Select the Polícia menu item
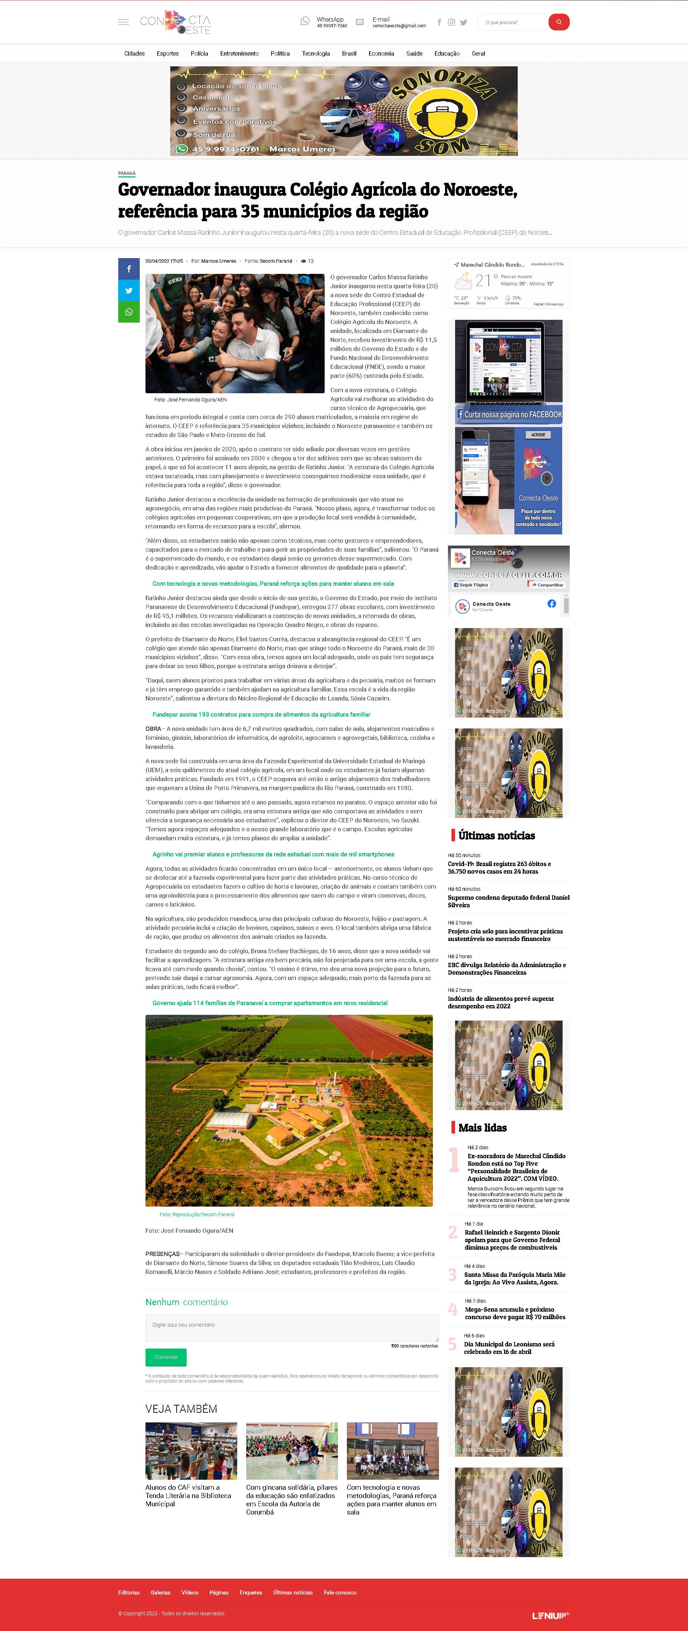point(199,54)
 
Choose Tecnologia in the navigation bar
point(316,54)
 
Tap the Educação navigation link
point(447,54)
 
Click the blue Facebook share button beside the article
point(129,269)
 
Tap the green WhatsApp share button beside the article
point(129,312)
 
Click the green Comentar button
point(166,1357)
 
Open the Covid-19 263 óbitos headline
point(500,867)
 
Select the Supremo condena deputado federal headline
point(508,901)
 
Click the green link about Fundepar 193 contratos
point(261,714)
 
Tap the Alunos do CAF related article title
point(188,1496)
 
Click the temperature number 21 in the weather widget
point(482,280)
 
